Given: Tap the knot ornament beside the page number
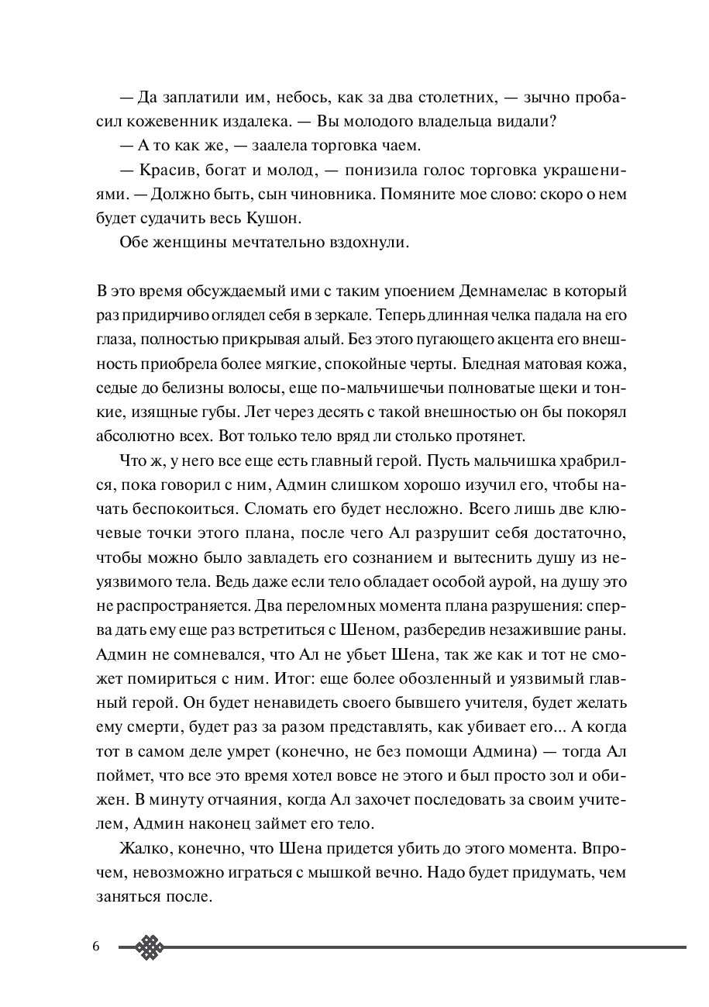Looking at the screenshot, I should (x=150, y=947).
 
